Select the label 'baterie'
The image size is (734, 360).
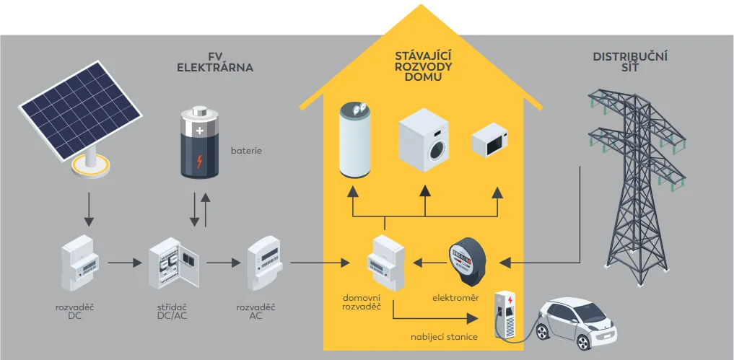pos(246,152)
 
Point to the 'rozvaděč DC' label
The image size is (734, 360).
pos(75,312)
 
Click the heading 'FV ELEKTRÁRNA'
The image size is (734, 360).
pos(215,63)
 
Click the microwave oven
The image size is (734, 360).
pos(490,141)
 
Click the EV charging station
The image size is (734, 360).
pos(506,313)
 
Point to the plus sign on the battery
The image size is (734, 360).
pos(200,131)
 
